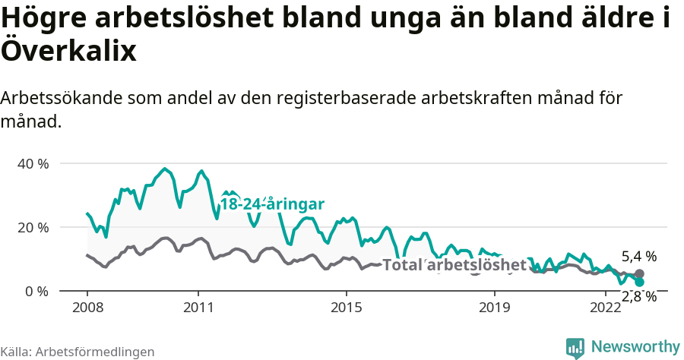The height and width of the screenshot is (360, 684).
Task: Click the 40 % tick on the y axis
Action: pos(33,164)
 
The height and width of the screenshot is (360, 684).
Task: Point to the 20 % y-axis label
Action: pos(33,228)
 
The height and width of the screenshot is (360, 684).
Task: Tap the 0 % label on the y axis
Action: pos(36,291)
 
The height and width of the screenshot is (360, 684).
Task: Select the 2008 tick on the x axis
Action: pos(87,308)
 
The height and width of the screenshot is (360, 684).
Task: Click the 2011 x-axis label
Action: pos(198,308)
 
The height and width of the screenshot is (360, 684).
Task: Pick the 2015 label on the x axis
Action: pos(346,308)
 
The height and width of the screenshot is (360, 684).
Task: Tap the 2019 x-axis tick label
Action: pos(494,308)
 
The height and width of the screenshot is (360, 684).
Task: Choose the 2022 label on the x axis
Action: pos(606,308)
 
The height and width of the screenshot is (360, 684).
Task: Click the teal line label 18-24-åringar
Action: pos(272,204)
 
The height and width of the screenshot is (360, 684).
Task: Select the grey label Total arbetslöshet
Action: pos(454,265)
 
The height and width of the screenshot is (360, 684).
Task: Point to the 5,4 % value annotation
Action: pos(638,257)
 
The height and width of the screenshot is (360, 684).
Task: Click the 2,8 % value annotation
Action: pos(638,297)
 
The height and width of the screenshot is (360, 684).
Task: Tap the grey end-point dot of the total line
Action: pos(639,273)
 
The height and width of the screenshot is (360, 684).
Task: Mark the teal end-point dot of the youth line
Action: pos(639,282)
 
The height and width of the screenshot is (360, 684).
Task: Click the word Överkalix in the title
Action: pos(68,52)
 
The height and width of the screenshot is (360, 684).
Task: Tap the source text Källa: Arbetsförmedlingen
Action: pos(78,352)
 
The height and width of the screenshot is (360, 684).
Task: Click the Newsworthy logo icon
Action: pos(575,347)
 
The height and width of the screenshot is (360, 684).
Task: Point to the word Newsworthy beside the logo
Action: pos(635,347)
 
